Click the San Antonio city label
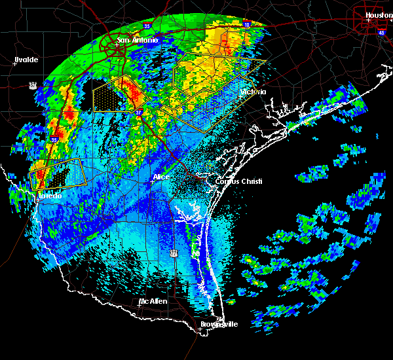point(138,41)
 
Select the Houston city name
point(378,14)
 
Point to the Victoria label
point(252,92)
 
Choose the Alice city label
point(160,177)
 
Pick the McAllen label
point(153,301)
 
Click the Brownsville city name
point(219,324)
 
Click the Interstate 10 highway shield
point(246,24)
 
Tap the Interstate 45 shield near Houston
point(381,31)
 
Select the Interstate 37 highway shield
point(139,113)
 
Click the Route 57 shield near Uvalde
point(33,84)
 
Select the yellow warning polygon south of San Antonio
point(115,95)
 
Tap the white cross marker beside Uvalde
point(15,63)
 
